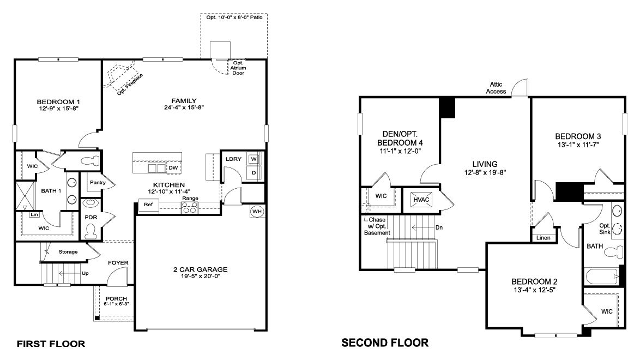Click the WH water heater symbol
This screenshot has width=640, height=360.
tap(257, 211)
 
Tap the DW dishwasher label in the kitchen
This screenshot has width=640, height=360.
tap(173, 167)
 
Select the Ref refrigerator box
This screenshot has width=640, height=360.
tap(149, 205)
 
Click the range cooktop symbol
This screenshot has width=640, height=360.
tap(190, 208)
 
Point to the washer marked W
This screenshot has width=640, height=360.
tap(253, 159)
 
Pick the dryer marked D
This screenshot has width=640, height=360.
tap(253, 173)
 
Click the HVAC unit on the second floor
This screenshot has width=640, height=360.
tap(421, 200)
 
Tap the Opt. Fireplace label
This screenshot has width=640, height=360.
tap(130, 85)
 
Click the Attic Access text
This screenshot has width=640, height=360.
tap(496, 88)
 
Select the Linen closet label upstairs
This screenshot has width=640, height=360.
tap(544, 238)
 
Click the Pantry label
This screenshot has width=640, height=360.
tap(98, 183)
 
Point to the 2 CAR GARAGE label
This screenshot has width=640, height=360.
tap(201, 269)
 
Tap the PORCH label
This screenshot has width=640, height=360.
tap(116, 299)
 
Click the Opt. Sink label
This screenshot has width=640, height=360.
tap(605, 229)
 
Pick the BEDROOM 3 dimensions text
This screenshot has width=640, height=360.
tap(577, 145)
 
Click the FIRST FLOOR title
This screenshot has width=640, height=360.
tap(51, 344)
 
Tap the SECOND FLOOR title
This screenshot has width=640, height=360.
tap(385, 343)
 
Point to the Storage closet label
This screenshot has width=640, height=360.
tap(68, 251)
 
